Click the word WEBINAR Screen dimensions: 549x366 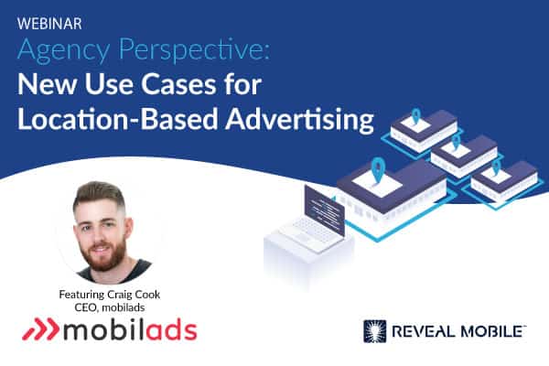click(x=49, y=24)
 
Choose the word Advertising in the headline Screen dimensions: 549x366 click(x=300, y=121)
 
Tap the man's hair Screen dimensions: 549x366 click(x=99, y=195)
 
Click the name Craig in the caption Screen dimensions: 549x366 click(x=121, y=295)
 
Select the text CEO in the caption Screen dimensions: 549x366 click(x=83, y=307)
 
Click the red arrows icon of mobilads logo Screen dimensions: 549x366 click(x=41, y=329)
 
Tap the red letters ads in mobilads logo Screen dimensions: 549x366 click(x=172, y=329)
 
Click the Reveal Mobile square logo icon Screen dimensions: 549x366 click(x=374, y=331)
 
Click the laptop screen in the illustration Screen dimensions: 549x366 click(x=325, y=210)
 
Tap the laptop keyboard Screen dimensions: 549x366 click(x=308, y=231)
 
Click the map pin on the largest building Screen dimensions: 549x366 click(x=378, y=169)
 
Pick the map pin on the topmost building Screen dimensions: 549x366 click(x=415, y=116)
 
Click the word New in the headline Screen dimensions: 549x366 click(x=47, y=84)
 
